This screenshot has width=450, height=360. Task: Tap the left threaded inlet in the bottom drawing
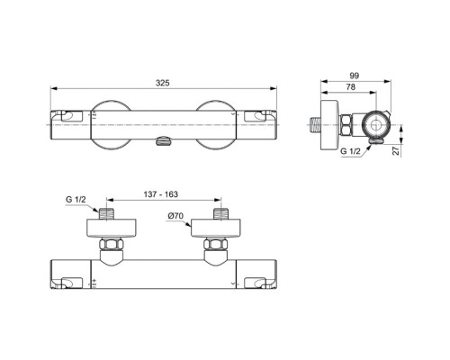coord(108,214)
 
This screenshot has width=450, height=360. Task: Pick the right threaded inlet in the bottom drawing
coord(216,214)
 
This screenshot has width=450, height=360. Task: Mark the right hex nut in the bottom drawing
coord(216,244)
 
